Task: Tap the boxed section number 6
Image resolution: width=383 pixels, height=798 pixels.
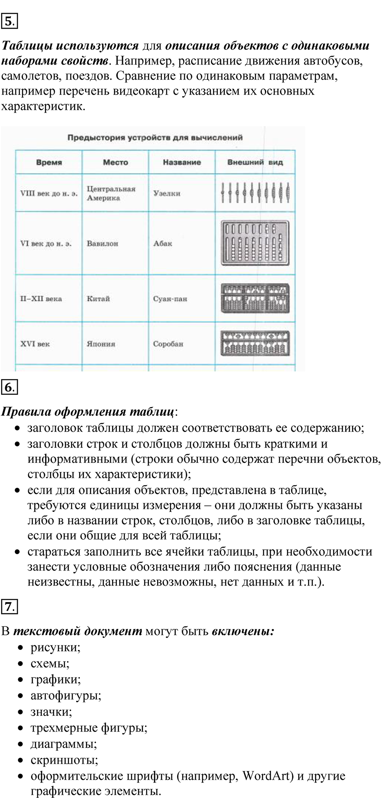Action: click(10, 387)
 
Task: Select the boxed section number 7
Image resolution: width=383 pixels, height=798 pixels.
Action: click(10, 607)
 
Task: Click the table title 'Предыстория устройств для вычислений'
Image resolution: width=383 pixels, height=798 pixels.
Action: click(155, 138)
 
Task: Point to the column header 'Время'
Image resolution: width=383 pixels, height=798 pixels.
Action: click(49, 162)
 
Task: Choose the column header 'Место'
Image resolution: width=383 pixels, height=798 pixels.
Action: click(115, 162)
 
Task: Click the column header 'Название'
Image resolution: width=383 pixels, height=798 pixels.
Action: click(182, 162)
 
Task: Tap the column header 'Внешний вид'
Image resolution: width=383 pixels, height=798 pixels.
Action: click(255, 162)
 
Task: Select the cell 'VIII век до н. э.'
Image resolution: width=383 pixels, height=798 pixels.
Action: click(49, 194)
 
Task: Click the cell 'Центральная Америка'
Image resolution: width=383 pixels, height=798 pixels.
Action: click(111, 194)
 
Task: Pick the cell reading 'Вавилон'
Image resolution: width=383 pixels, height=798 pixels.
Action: click(103, 243)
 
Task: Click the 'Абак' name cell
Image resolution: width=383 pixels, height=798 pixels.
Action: click(163, 243)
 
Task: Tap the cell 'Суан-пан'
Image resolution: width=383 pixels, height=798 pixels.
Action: click(170, 299)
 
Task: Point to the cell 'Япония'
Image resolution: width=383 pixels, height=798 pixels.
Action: click(101, 344)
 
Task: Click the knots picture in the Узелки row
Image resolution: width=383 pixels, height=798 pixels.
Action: click(255, 193)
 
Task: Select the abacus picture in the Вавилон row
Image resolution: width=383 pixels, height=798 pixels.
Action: click(255, 243)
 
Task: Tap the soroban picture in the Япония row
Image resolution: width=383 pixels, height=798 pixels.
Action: click(255, 343)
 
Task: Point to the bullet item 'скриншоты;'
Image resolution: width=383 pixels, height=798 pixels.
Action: click(64, 760)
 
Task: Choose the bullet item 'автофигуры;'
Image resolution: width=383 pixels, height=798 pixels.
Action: click(66, 695)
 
